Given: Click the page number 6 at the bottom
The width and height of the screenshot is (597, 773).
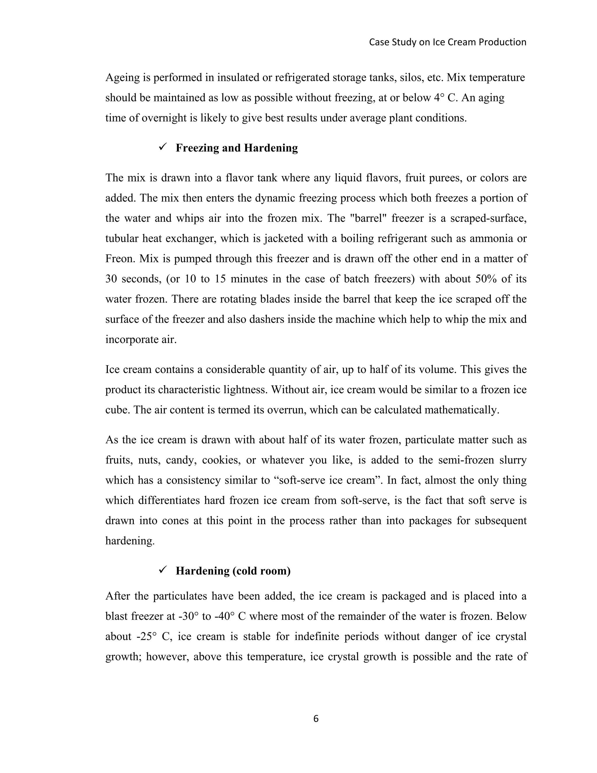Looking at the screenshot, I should (316, 718).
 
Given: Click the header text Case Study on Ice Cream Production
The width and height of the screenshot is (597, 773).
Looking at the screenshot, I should (447, 42).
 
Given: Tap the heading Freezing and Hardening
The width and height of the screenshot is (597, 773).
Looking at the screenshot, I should (237, 148).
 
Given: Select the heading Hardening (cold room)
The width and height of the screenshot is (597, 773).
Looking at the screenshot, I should (233, 571).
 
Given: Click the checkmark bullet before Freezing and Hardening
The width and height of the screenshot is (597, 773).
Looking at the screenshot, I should (163, 147).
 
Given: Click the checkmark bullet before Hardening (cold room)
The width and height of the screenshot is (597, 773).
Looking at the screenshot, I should (163, 570).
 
